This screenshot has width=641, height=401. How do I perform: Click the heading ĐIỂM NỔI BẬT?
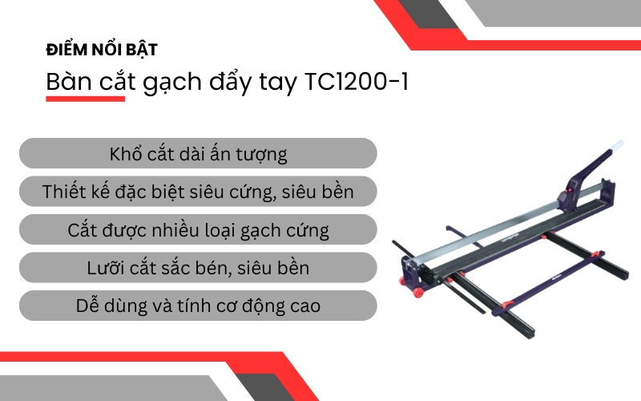[101, 50]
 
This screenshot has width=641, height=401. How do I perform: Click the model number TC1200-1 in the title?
[354, 82]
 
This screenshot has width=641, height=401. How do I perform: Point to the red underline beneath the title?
[86, 99]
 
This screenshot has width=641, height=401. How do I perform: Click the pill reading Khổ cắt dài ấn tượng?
[197, 153]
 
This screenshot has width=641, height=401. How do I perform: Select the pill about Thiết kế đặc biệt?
[197, 192]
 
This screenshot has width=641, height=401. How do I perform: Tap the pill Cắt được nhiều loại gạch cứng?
[197, 230]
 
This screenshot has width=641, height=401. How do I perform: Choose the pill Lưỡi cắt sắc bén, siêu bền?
[197, 268]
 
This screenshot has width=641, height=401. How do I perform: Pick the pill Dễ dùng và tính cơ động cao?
[197, 306]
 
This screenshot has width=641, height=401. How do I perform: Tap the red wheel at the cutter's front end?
[418, 294]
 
